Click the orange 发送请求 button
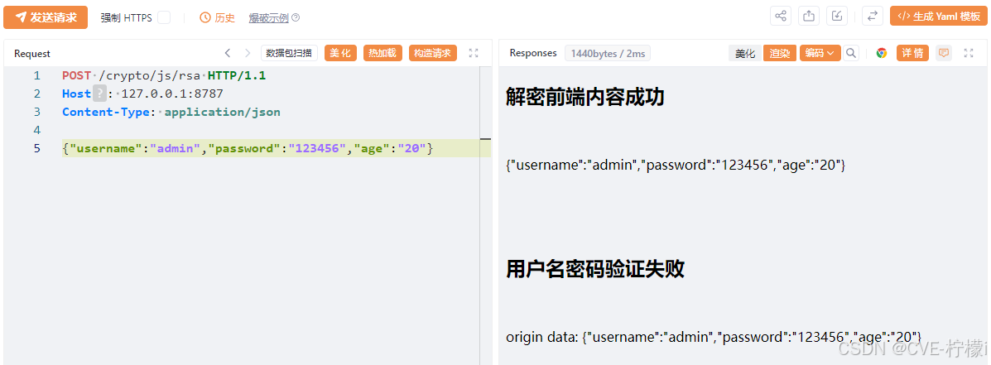(x=46, y=17)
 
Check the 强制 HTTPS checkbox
(x=164, y=17)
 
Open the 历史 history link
(x=218, y=17)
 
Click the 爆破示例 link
(x=269, y=17)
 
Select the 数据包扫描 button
(x=289, y=53)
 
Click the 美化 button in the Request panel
(x=340, y=53)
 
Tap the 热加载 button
(x=382, y=53)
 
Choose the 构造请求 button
(x=433, y=53)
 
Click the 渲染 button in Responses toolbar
(x=779, y=53)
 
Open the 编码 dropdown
(x=820, y=53)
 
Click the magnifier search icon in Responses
(x=851, y=53)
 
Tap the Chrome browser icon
(x=882, y=53)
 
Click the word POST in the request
(x=76, y=75)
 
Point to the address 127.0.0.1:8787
(x=172, y=94)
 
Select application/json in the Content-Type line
(x=222, y=112)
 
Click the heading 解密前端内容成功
(x=584, y=98)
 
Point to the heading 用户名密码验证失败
(x=594, y=269)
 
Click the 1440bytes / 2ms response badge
(x=608, y=53)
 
